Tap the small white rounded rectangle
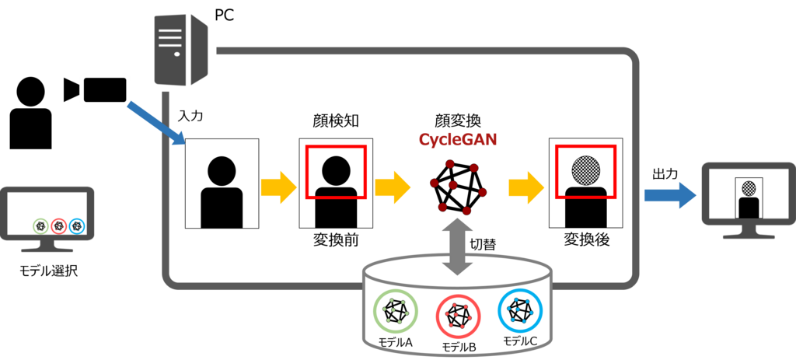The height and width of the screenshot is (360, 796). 105,89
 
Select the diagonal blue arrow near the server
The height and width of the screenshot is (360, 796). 156,121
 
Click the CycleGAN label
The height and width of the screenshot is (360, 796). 457,140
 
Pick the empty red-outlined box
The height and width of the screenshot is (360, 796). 335,171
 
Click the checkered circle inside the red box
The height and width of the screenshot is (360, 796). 585,170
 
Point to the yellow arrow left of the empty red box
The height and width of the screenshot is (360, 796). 278,186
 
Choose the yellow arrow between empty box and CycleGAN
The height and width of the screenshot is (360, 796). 393,186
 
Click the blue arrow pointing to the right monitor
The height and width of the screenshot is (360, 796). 670,194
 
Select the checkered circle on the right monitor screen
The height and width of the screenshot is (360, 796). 749,187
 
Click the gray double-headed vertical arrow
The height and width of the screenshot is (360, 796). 457,246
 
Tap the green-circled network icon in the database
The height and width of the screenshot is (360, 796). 396,311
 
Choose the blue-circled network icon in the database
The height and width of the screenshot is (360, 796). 519,309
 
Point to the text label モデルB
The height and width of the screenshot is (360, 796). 458,347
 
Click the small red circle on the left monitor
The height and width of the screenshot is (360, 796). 58,226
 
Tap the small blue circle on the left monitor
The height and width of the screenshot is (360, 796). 76,226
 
